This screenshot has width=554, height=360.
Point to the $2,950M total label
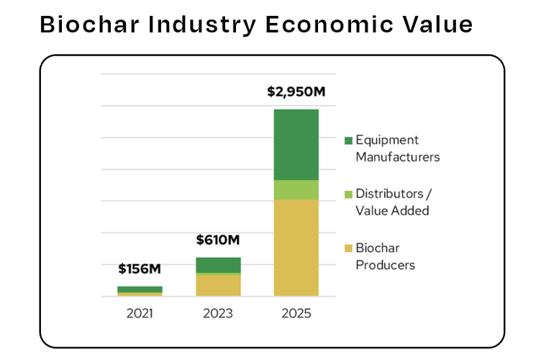click(295, 92)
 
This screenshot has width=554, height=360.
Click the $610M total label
click(218, 240)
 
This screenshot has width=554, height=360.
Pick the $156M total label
click(140, 269)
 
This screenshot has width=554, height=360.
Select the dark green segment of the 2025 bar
click(296, 144)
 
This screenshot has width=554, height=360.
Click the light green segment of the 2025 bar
click(296, 190)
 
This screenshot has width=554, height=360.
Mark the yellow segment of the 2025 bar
click(296, 248)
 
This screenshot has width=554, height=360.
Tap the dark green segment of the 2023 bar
click(218, 264)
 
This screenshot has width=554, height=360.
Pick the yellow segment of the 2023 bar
click(218, 285)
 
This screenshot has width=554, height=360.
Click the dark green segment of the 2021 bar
click(140, 289)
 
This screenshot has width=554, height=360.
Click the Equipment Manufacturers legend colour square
click(349, 140)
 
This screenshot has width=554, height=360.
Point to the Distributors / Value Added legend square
click(349, 194)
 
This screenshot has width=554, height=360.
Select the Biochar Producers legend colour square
click(349, 248)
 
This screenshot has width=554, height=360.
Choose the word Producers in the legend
click(385, 265)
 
